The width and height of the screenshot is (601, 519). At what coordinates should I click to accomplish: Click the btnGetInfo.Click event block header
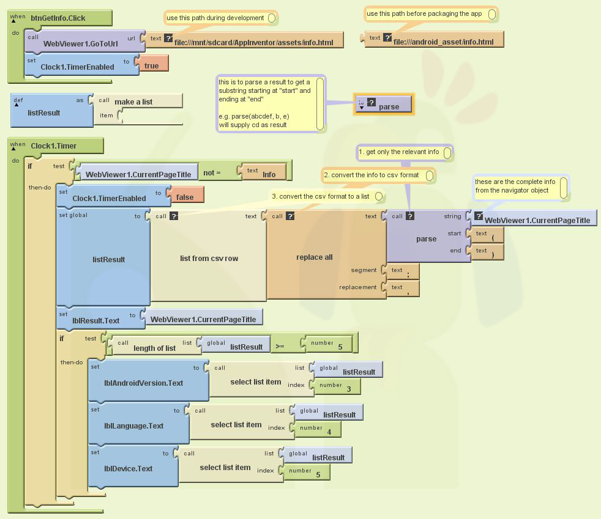click(x=59, y=18)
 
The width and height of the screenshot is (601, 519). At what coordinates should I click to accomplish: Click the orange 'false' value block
click(x=185, y=197)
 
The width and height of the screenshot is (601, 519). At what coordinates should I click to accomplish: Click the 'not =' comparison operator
click(x=212, y=173)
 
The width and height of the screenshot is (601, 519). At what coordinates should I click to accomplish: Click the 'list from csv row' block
click(x=209, y=258)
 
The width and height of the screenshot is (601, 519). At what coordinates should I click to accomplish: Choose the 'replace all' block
click(x=314, y=257)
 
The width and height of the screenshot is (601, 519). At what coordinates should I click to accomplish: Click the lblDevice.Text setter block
click(x=128, y=468)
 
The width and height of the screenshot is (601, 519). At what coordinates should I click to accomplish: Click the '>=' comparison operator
click(x=280, y=346)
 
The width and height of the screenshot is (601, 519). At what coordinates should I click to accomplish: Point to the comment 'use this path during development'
click(x=215, y=18)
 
